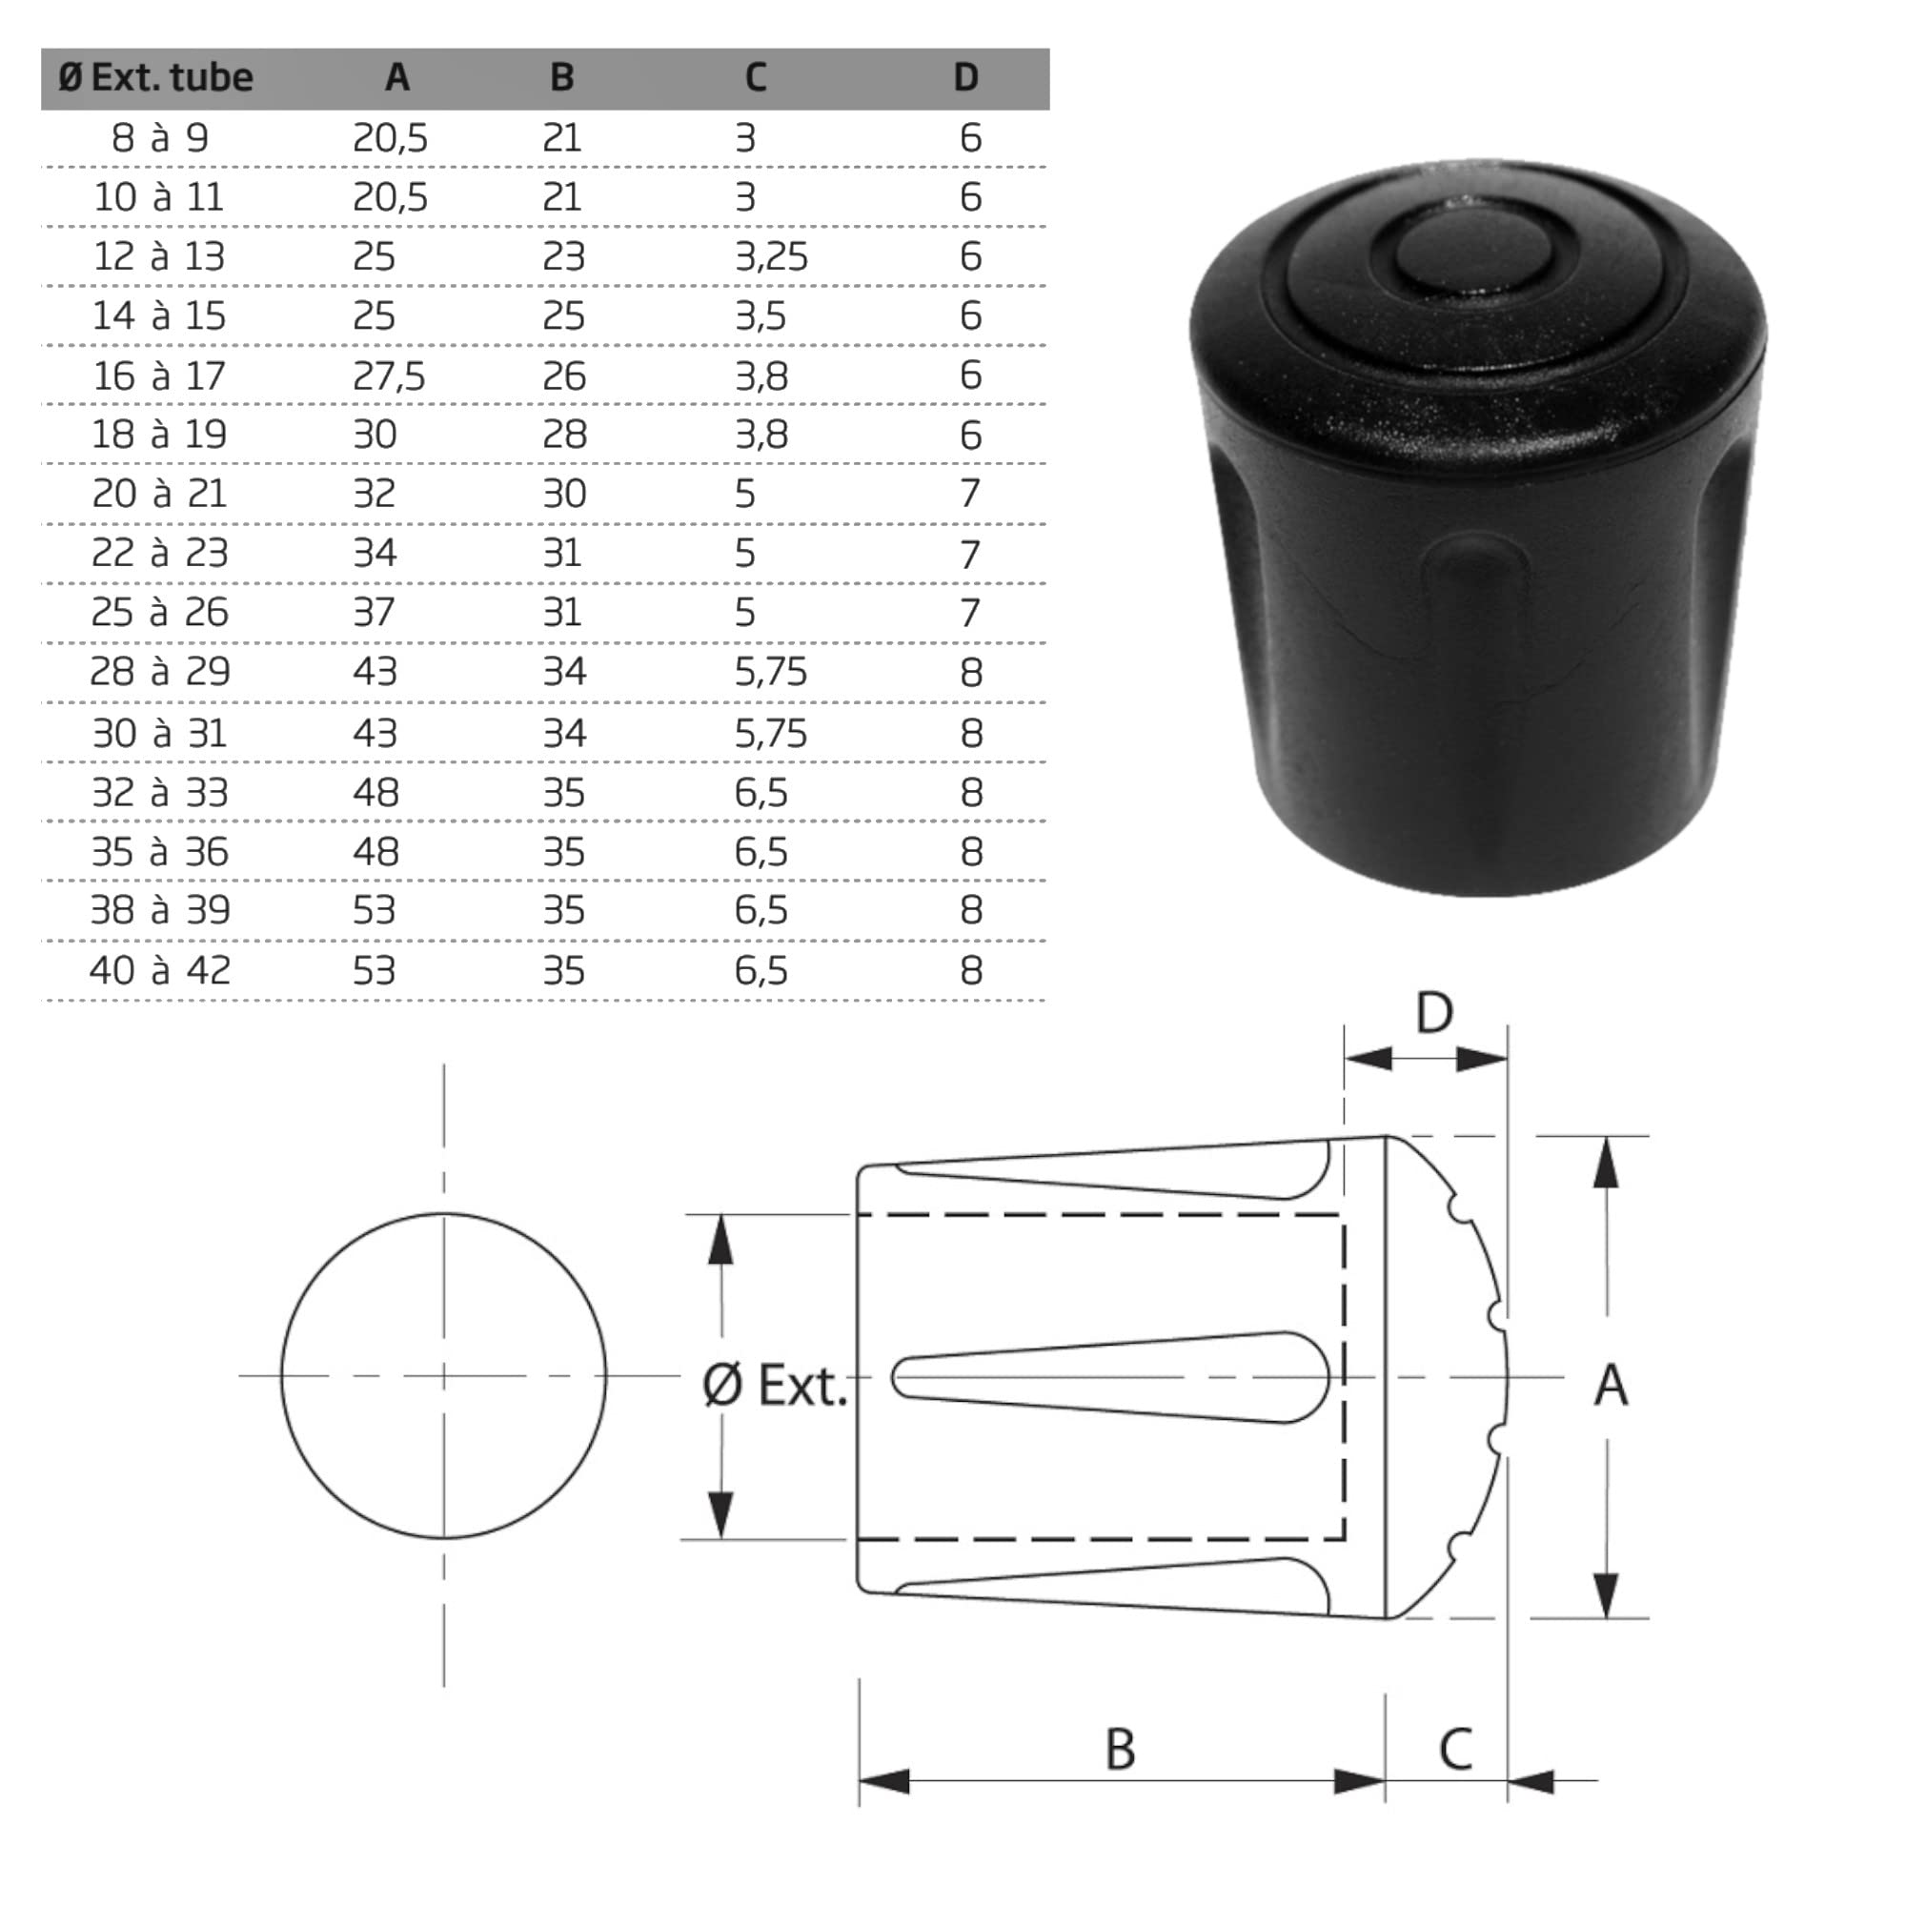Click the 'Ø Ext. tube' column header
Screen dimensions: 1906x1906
[x=155, y=77]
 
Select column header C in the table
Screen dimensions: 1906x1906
[x=756, y=77]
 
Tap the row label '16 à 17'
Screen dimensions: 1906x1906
[x=159, y=375]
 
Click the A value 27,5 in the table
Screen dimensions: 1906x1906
[x=389, y=375]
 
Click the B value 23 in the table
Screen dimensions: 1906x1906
[x=563, y=256]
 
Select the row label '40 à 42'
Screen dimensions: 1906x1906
[x=160, y=971]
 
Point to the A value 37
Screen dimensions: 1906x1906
[x=374, y=613]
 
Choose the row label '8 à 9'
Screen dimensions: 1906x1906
[x=160, y=137]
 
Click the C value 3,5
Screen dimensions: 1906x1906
[x=760, y=315]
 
